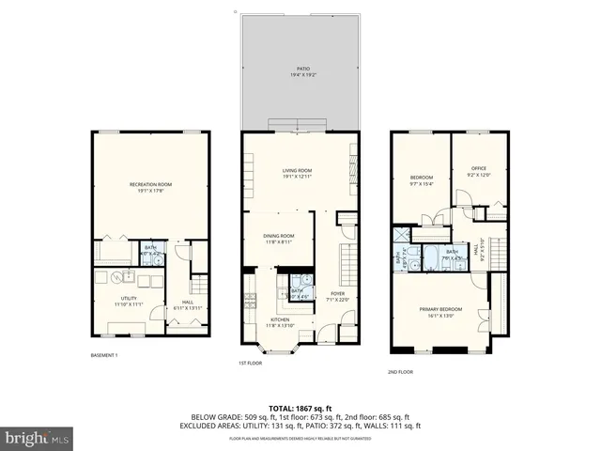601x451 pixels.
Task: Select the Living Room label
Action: tap(298, 170)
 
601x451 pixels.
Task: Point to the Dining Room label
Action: tap(278, 236)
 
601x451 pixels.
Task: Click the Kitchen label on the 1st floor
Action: tap(280, 319)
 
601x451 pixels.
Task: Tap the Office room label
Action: tap(479, 168)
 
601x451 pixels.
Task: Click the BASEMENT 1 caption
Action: tap(103, 355)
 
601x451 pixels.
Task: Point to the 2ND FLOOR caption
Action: tap(400, 371)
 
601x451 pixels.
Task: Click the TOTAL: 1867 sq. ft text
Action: tap(300, 408)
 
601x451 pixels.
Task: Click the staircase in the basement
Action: tap(199, 283)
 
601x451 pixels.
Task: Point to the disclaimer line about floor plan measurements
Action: tap(300, 438)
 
